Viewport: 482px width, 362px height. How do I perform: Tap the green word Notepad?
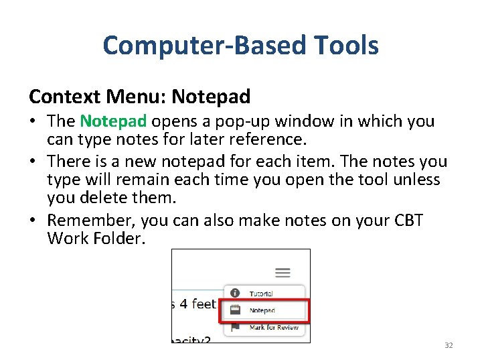tap(113, 121)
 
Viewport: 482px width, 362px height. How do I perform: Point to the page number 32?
tap(449, 345)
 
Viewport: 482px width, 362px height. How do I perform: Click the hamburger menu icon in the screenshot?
tap(283, 272)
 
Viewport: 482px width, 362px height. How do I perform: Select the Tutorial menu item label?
tap(261, 294)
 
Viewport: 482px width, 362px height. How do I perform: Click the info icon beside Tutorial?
tap(235, 293)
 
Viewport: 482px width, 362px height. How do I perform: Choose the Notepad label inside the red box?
tap(262, 310)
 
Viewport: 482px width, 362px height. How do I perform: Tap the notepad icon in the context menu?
tap(235, 310)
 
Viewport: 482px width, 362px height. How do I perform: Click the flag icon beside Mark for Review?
tap(235, 328)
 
